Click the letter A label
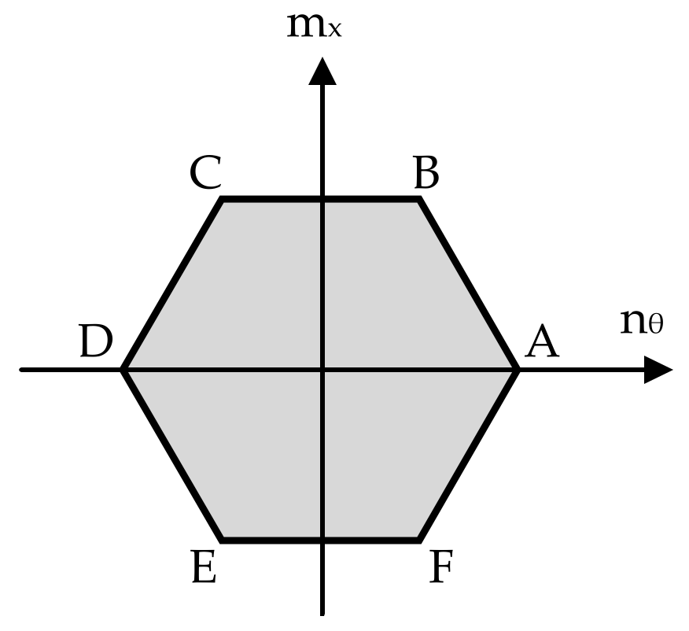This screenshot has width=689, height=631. click(541, 343)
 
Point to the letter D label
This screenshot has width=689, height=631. click(94, 343)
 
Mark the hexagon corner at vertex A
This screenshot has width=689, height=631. click(518, 369)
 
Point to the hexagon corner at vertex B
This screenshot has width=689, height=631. click(419, 200)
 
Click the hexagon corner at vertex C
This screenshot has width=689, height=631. click(223, 200)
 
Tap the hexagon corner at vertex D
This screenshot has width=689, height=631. click(124, 369)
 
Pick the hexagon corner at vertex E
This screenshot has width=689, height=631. click(223, 540)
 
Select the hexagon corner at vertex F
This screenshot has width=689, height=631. click(419, 540)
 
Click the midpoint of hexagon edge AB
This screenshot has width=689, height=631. click(469, 284)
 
